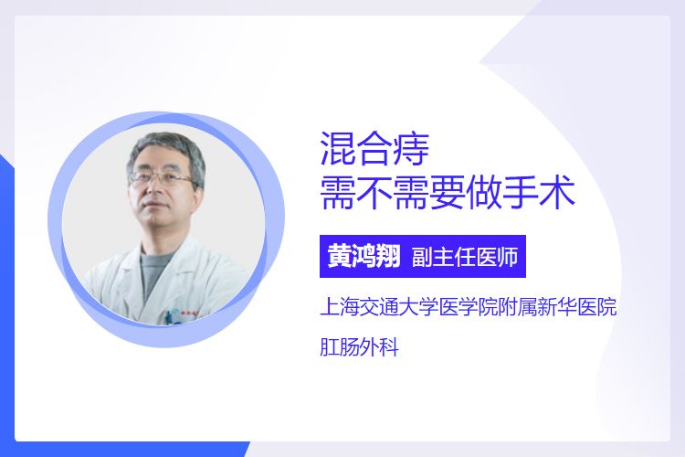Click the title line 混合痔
tap(374, 149)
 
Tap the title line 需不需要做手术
tap(448, 193)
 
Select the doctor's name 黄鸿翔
tap(364, 256)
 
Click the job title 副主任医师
tap(465, 257)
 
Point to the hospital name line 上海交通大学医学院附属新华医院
tap(469, 306)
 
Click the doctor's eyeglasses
tap(163, 178)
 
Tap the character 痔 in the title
tap(412, 149)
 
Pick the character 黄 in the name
tap(340, 256)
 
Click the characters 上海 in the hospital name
tap(340, 306)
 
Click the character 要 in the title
tap(448, 193)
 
